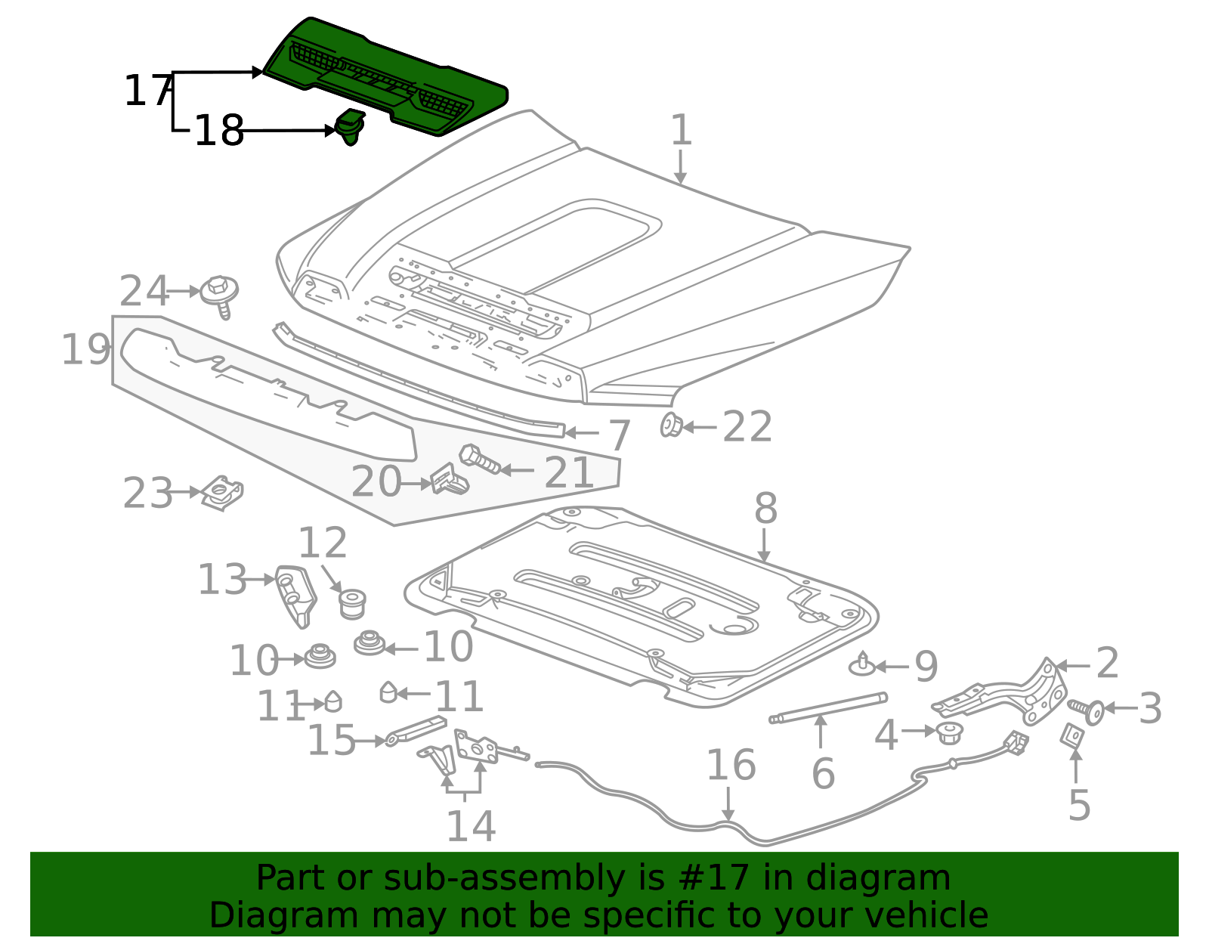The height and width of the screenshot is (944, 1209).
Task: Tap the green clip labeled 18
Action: (350, 127)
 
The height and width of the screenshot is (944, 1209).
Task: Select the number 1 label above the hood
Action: (681, 130)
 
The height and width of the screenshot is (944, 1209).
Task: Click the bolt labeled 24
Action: (220, 292)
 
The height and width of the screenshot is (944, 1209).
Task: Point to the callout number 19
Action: (85, 350)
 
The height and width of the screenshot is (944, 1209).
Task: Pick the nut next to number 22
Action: (670, 426)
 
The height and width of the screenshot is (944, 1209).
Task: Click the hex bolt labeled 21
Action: (479, 459)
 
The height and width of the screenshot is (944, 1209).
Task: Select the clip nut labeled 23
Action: (223, 493)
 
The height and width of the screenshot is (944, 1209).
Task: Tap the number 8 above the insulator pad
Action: (765, 509)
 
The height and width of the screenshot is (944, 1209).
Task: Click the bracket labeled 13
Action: (294, 594)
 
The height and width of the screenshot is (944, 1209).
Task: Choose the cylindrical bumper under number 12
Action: (351, 603)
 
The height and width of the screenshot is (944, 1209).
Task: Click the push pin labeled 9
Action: (862, 665)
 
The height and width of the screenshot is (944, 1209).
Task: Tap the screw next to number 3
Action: (1087, 710)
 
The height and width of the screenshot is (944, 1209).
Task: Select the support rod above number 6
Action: (827, 707)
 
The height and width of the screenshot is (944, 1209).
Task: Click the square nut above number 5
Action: (1072, 735)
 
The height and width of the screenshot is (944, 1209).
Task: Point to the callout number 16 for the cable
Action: (731, 766)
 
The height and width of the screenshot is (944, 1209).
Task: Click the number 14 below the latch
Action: (470, 826)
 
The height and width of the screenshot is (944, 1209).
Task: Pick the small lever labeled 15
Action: (416, 730)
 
